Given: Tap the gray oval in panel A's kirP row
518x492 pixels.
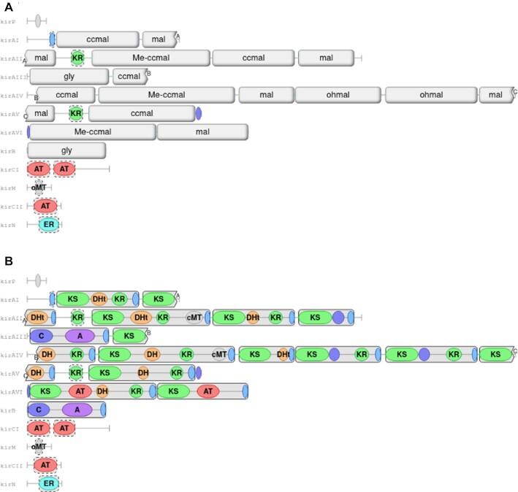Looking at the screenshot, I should (38, 20).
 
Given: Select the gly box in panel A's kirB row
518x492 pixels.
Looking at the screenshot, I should (66, 150).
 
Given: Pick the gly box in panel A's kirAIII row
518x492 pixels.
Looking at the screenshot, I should (69, 76).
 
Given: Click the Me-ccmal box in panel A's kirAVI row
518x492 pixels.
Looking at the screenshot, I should (92, 131).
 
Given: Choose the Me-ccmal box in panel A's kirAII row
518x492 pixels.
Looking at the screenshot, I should (151, 57).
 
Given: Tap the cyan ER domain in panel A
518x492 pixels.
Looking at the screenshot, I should (49, 225).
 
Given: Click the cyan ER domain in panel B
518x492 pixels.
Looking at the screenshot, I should (49, 483).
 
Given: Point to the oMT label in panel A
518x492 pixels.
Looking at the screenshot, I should (39, 188).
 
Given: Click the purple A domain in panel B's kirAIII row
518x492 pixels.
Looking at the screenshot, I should (80, 335).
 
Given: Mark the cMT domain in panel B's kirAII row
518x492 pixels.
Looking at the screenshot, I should (194, 317).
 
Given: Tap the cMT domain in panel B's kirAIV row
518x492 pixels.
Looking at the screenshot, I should (219, 354).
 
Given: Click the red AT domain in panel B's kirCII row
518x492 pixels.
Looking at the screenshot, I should (45, 464).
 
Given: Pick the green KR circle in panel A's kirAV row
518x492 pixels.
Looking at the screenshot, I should (75, 113).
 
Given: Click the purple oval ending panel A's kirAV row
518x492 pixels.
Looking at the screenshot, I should (198, 113).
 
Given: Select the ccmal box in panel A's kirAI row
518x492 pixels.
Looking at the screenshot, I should (97, 39).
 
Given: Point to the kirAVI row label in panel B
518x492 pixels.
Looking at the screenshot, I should (12, 391).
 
